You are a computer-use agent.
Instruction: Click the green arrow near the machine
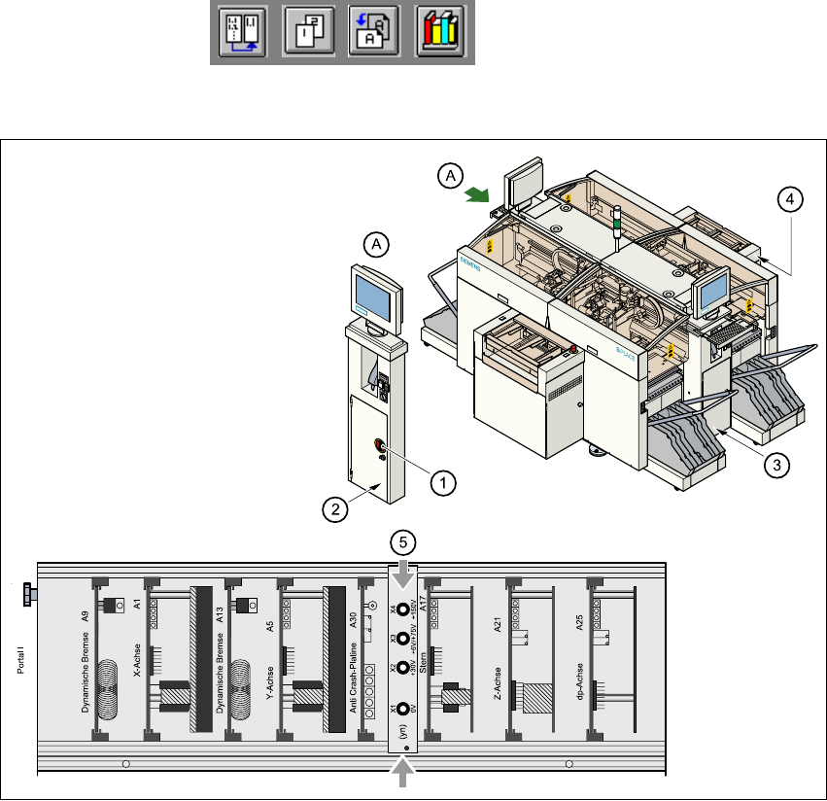[x=477, y=195]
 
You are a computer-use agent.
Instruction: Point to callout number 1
[x=442, y=479]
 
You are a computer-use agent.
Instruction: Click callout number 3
[x=774, y=465]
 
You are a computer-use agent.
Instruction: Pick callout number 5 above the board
[x=401, y=540]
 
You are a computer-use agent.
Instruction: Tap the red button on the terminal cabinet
[x=380, y=446]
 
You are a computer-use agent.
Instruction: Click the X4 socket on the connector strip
[x=401, y=612]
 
